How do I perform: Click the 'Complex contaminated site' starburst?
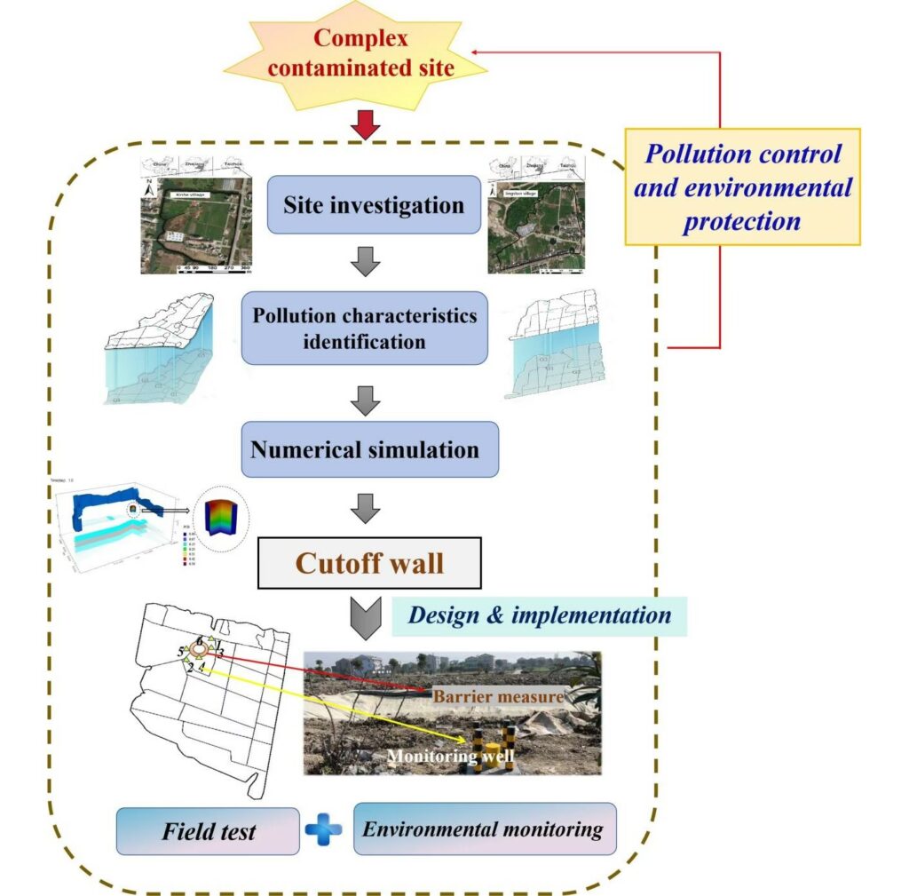click(x=361, y=54)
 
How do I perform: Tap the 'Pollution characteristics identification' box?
click(x=364, y=328)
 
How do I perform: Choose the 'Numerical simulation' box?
click(x=365, y=449)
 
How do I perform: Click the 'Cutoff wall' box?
click(x=369, y=563)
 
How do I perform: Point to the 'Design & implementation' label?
click(x=540, y=615)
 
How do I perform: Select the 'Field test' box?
click(x=208, y=831)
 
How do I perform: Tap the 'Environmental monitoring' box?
click(x=484, y=829)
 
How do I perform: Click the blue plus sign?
click(x=324, y=830)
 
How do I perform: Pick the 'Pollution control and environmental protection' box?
click(x=742, y=188)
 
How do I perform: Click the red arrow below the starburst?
click(x=365, y=125)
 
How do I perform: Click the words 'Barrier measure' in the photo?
click(x=498, y=697)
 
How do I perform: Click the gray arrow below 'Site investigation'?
click(x=365, y=263)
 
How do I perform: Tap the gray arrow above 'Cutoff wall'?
click(x=365, y=508)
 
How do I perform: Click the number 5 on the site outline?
click(x=181, y=653)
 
